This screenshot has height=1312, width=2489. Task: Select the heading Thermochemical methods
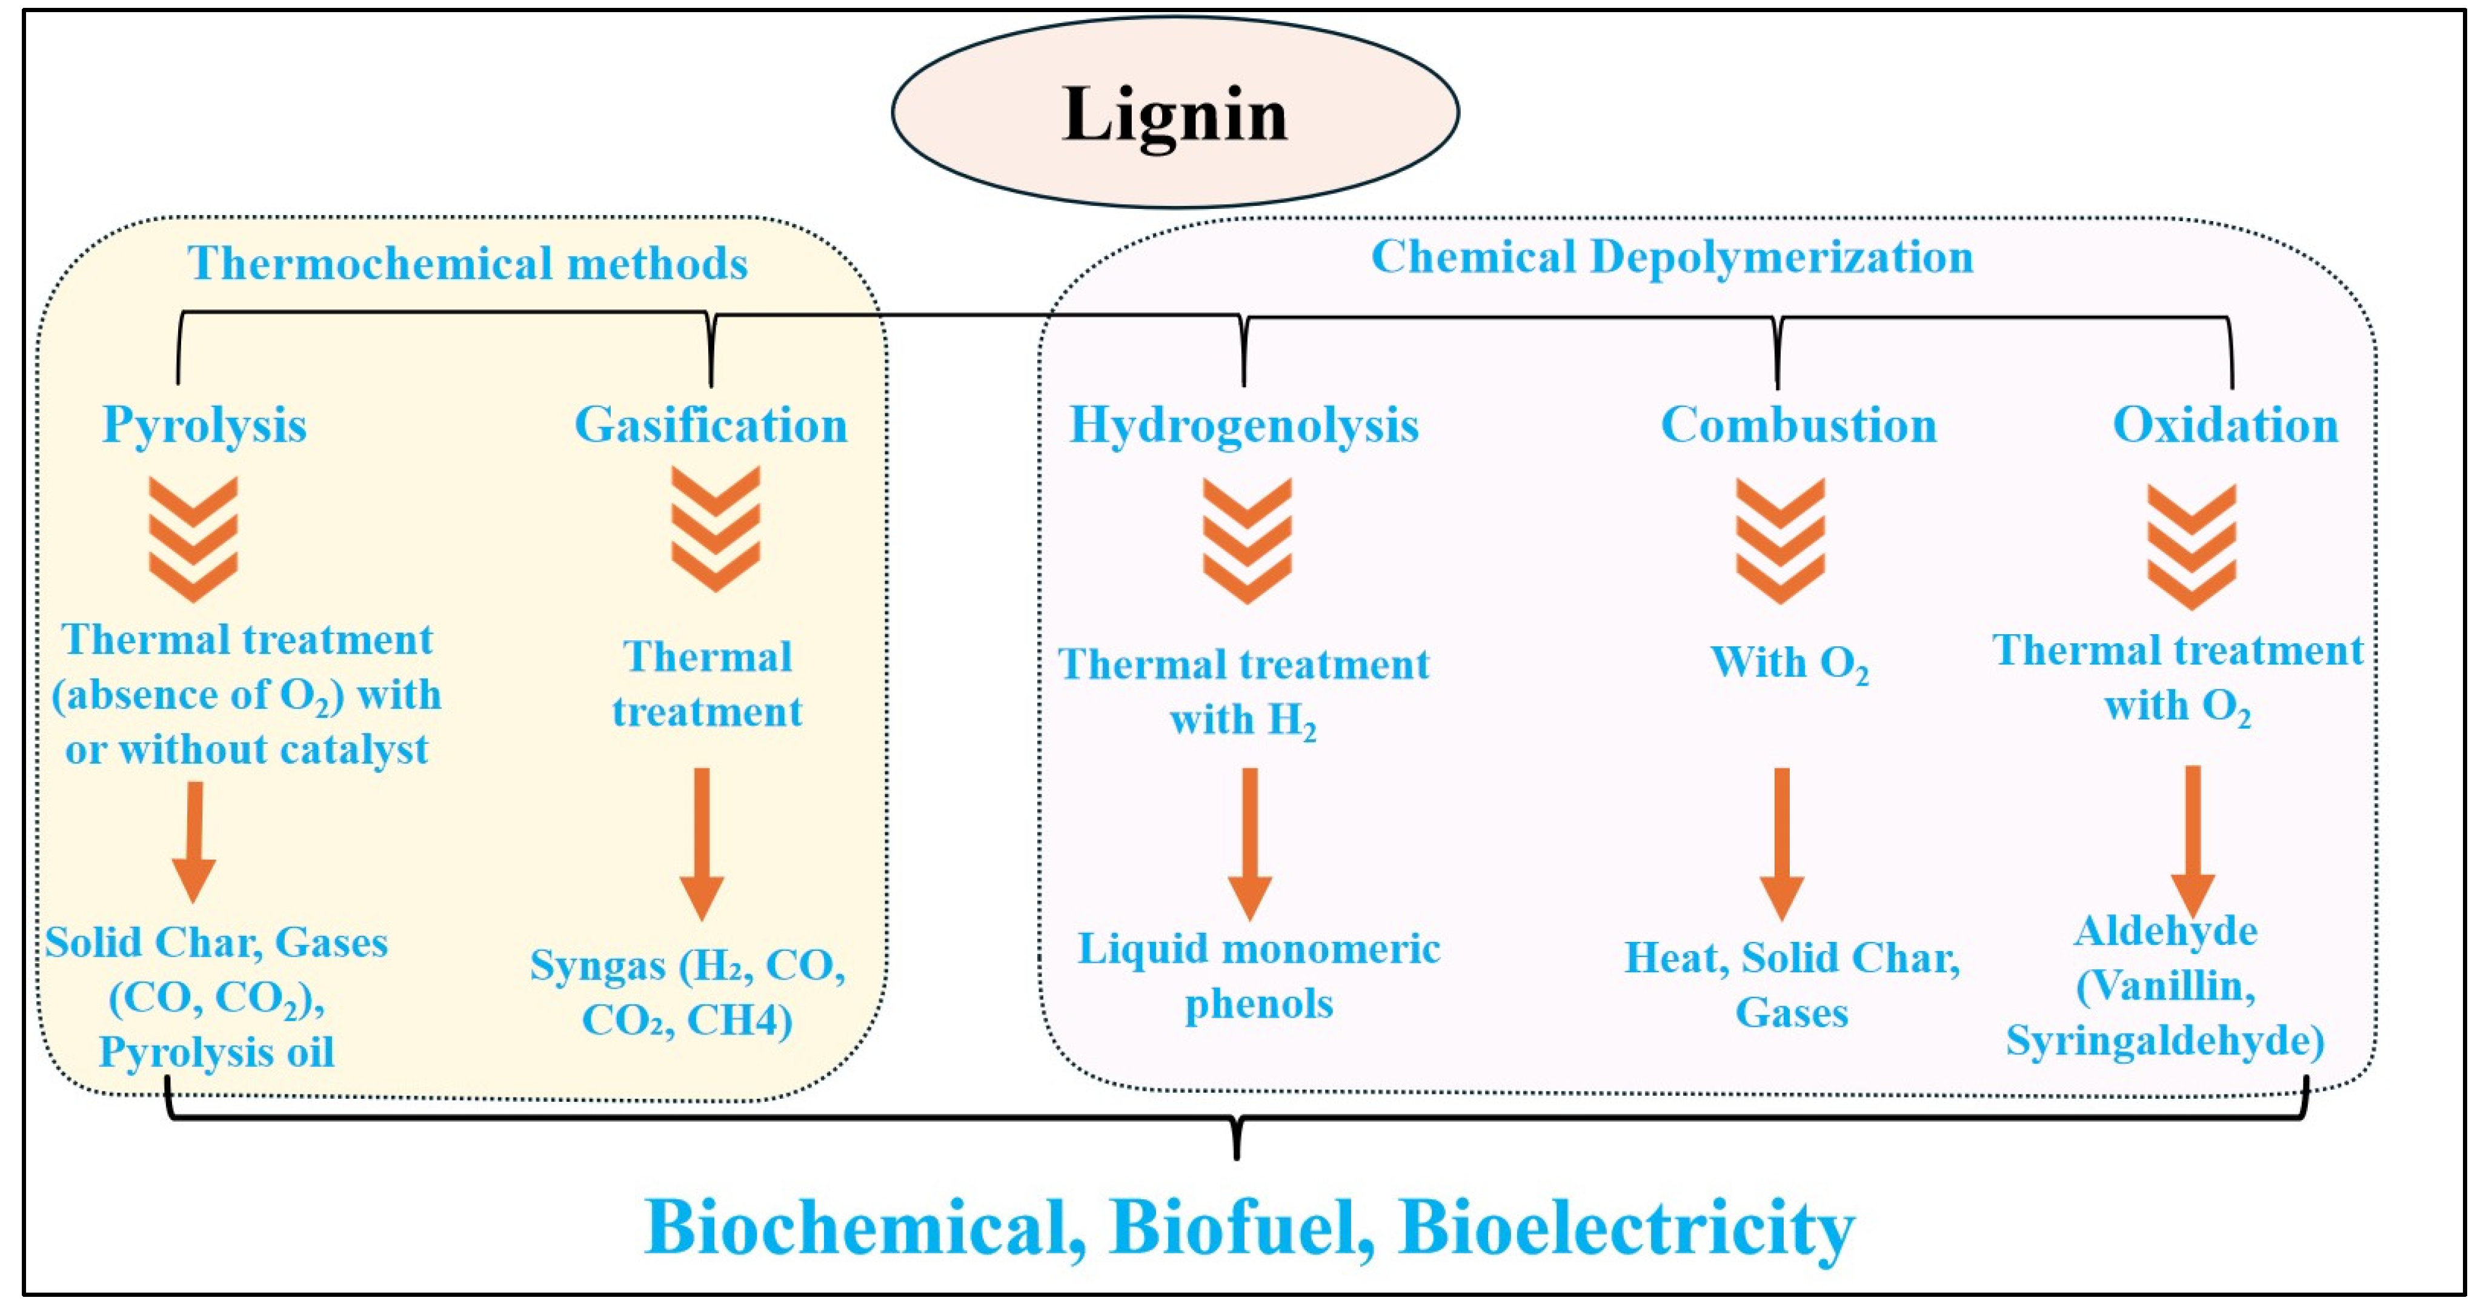pos(468,263)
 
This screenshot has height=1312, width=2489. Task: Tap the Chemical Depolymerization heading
pos(1672,257)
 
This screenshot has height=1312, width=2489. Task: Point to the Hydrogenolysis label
pos(1243,425)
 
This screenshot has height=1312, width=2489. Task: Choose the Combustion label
pos(1798,425)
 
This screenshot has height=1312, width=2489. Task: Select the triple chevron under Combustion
pos(1780,540)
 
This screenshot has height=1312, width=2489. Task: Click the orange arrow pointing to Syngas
pos(702,843)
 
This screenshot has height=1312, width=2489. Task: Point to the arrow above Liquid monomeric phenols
pos(1249,843)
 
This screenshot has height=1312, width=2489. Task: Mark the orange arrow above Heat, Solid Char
pos(1782,843)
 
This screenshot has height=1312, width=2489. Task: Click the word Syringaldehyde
pos(2164,1041)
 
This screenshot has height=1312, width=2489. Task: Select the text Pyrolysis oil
pos(216,1052)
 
